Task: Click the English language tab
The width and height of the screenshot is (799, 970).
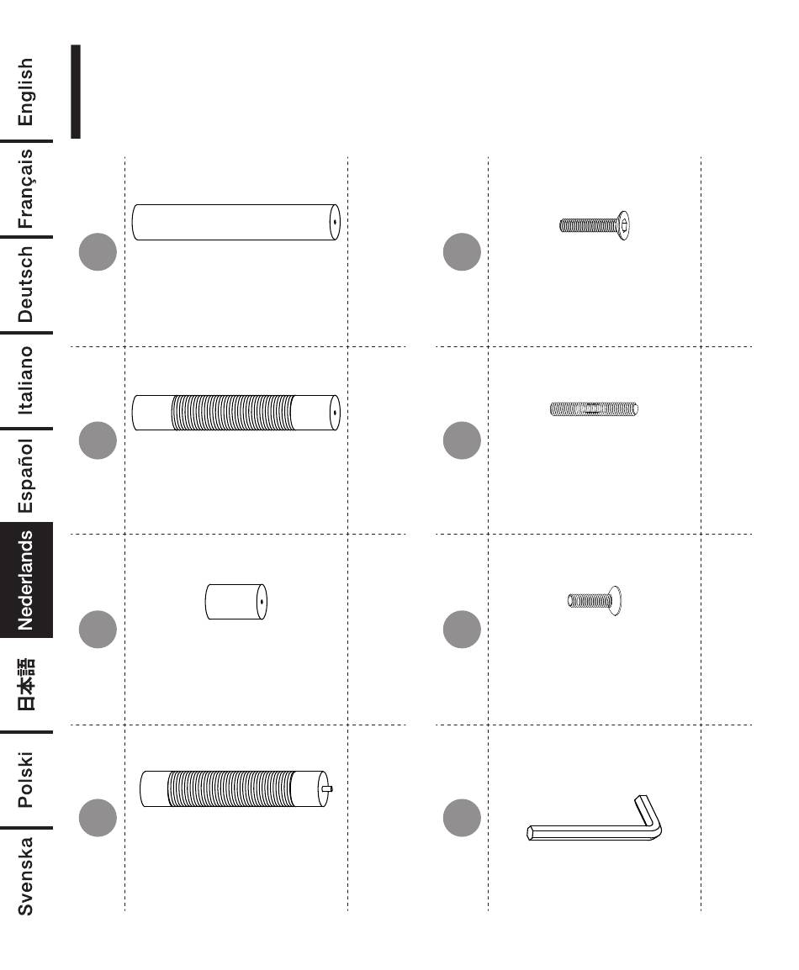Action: [26, 91]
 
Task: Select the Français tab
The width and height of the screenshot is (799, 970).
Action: [26, 188]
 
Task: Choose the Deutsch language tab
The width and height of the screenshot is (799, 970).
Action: [26, 284]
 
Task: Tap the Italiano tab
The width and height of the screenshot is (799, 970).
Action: [26, 380]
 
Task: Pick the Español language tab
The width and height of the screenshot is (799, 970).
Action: [26, 476]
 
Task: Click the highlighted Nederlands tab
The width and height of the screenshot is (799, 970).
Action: [26, 579]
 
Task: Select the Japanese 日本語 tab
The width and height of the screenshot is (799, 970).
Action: [26, 683]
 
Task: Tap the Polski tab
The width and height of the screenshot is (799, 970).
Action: [26, 779]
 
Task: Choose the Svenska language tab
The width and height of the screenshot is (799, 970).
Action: [26, 875]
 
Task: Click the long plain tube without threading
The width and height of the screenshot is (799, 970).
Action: [235, 222]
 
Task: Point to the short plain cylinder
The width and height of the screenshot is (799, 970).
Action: [235, 602]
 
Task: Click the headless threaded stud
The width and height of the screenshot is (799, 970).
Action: [594, 409]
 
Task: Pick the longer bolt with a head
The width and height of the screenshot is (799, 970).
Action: [596, 224]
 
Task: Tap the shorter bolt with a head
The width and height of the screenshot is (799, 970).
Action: [594, 601]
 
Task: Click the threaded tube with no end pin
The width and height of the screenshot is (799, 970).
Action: [235, 412]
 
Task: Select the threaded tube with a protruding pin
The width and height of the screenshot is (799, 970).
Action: [231, 789]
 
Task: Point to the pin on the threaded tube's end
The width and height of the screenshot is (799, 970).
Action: [328, 789]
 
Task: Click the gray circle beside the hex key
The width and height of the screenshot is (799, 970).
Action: [461, 818]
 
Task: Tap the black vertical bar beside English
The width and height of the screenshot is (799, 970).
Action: [76, 91]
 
